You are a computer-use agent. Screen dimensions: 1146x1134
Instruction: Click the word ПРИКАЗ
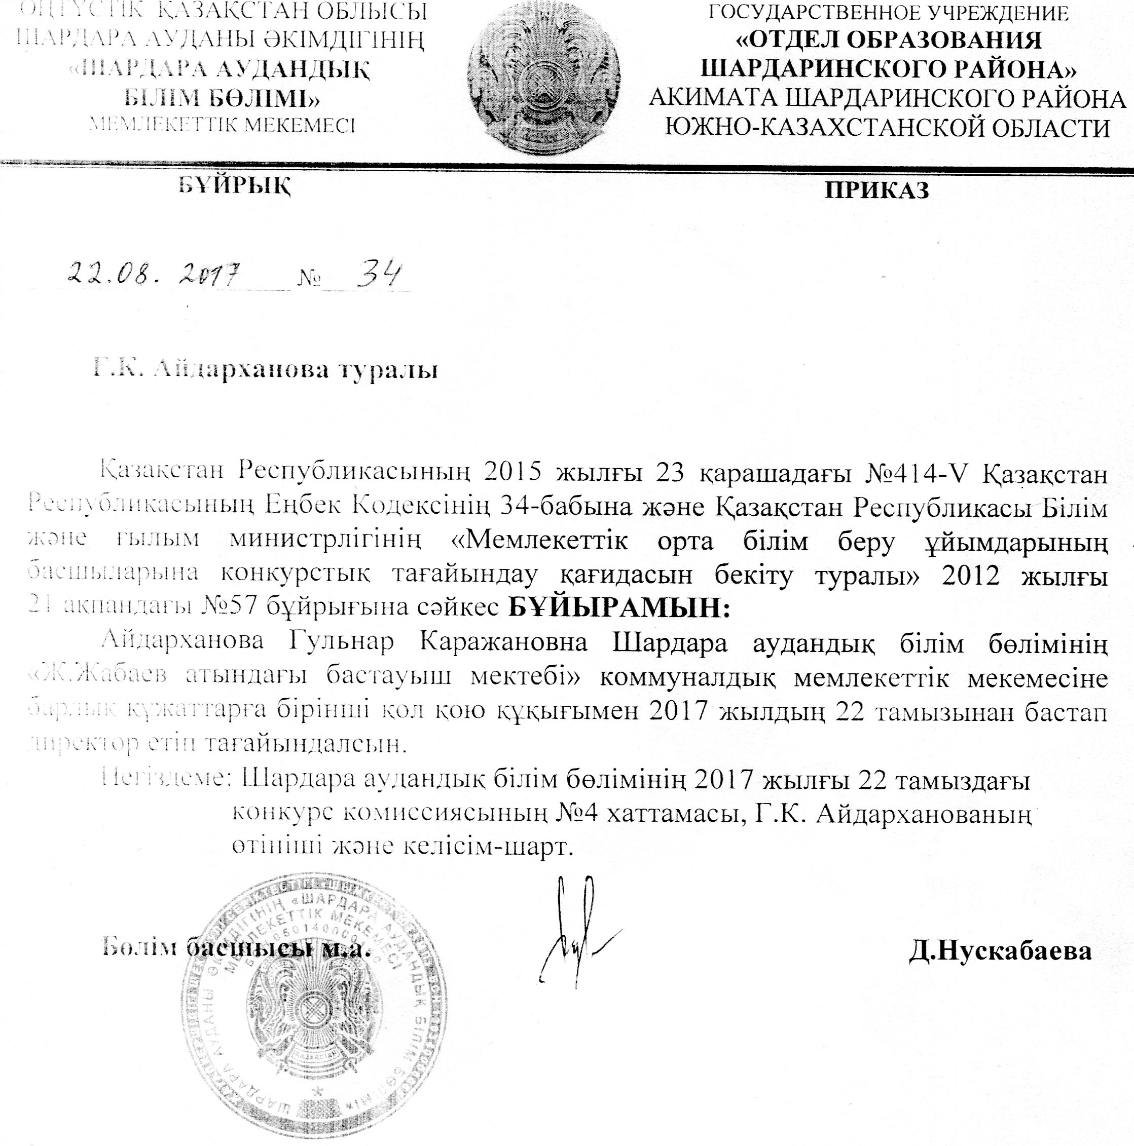876,190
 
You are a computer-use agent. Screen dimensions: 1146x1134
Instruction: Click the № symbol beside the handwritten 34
308,278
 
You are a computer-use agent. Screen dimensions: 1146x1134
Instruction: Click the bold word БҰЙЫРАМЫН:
619,608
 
